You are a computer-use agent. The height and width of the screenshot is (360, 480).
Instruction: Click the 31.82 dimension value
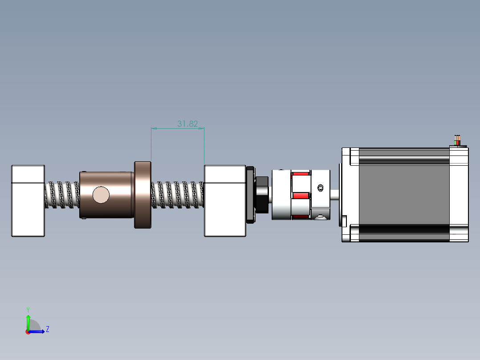coord(187,124)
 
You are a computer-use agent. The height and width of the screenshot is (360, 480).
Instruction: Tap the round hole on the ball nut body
coord(101,195)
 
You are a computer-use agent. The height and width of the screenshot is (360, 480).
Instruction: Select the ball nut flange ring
coord(142,195)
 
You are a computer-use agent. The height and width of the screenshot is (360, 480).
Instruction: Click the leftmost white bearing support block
coord(28,201)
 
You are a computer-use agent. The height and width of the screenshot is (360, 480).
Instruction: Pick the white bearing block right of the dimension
coord(225,201)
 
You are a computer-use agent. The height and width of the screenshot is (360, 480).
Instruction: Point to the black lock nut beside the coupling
coord(262,195)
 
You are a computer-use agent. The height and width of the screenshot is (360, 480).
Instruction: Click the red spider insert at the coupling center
coord(301,196)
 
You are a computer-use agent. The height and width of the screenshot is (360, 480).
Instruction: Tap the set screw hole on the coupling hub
coord(321,188)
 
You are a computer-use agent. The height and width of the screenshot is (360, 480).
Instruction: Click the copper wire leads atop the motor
coord(457,140)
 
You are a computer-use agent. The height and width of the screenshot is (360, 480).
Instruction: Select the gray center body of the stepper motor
coord(404,195)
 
